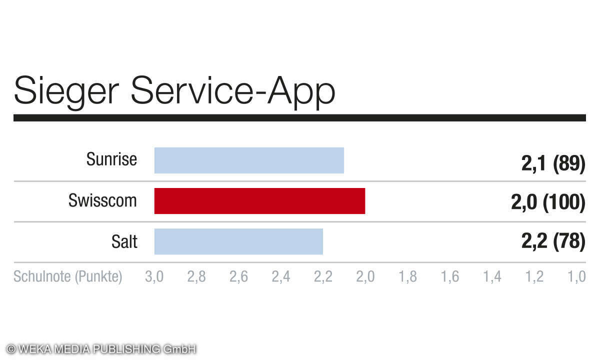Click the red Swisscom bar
pyautogui.click(x=259, y=201)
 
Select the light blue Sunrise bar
pyautogui.click(x=249, y=160)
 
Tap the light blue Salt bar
pyautogui.click(x=238, y=241)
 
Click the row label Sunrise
pyautogui.click(x=111, y=159)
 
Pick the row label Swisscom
pyautogui.click(x=102, y=200)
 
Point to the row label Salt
pyautogui.click(x=124, y=241)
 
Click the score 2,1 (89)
pyautogui.click(x=553, y=164)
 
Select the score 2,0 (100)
pyautogui.click(x=548, y=202)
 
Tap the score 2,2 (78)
pyautogui.click(x=553, y=241)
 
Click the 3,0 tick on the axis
pyautogui.click(x=154, y=276)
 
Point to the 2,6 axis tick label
pyautogui.click(x=238, y=276)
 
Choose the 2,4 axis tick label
pyautogui.click(x=281, y=276)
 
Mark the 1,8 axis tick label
pyautogui.click(x=407, y=276)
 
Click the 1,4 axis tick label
pyautogui.click(x=492, y=276)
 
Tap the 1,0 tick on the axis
pyautogui.click(x=576, y=276)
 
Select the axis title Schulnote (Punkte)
pyautogui.click(x=68, y=276)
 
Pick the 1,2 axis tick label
pyautogui.click(x=534, y=276)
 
